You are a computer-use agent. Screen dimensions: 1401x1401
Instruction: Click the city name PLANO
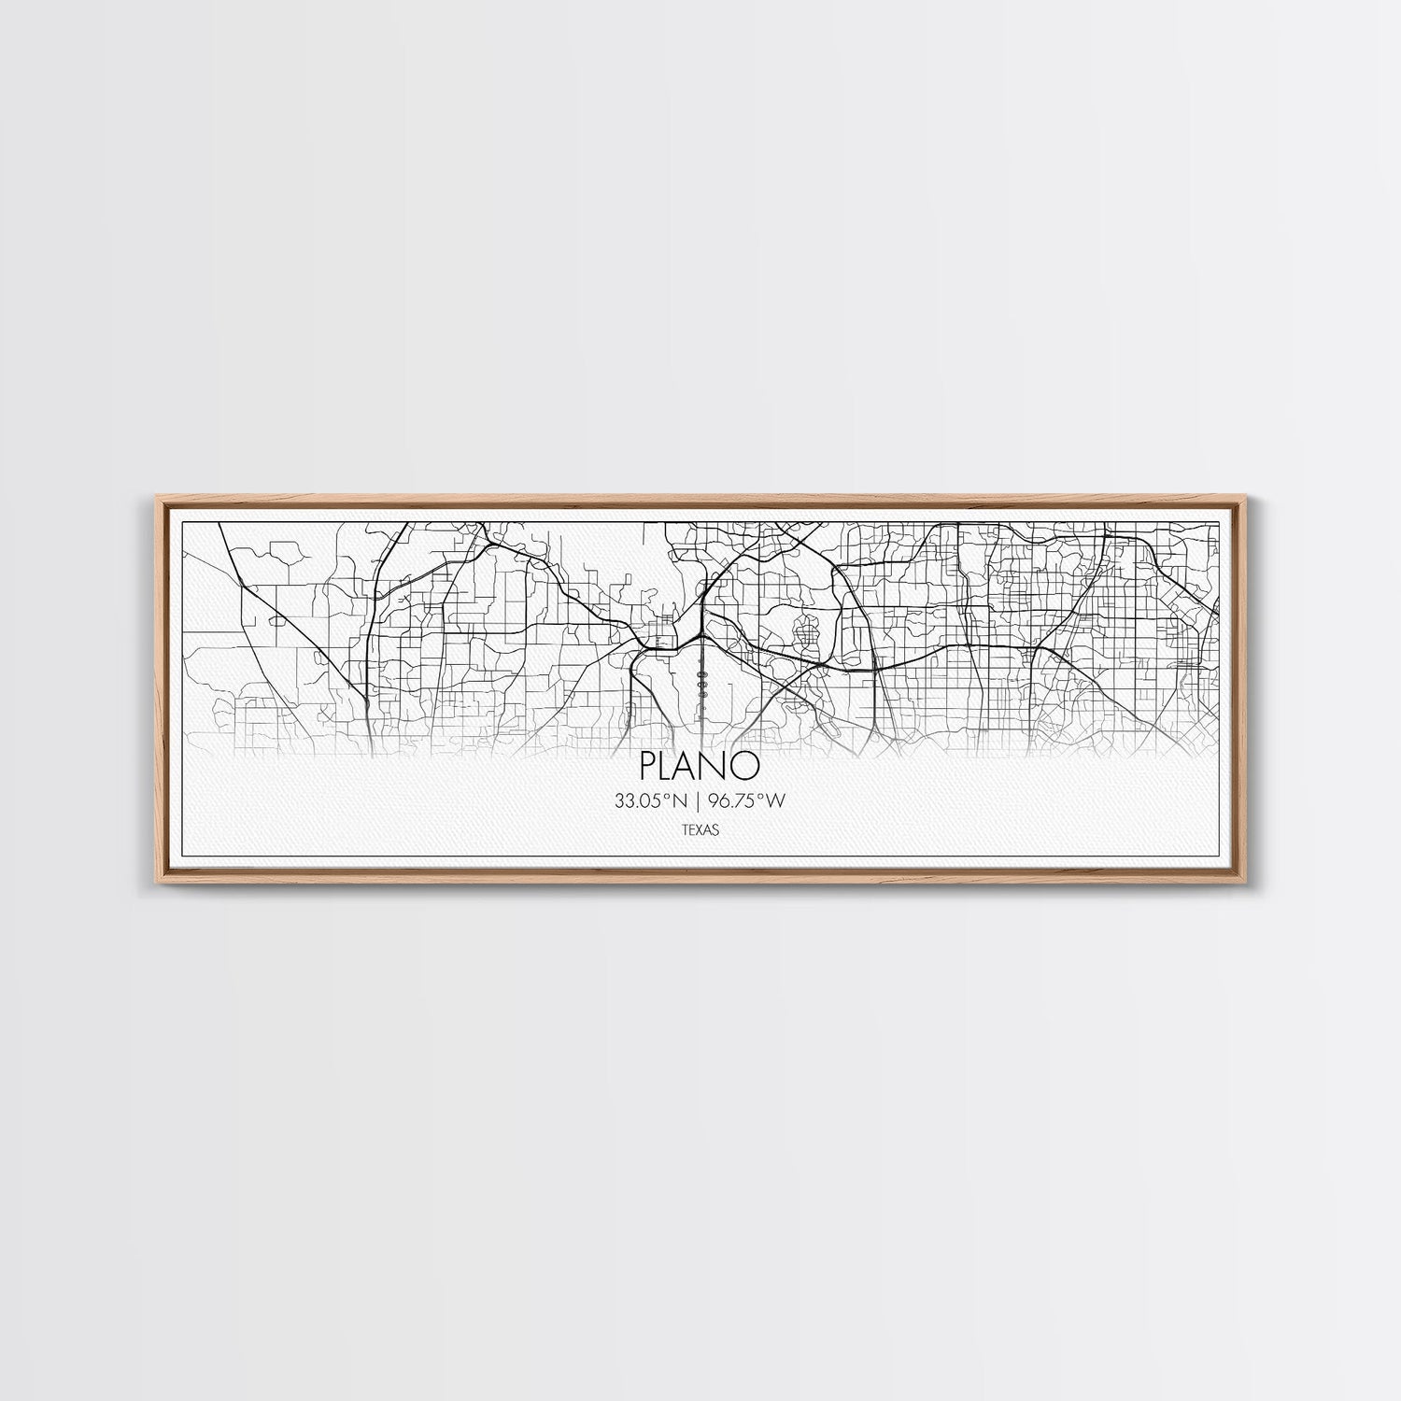point(700,766)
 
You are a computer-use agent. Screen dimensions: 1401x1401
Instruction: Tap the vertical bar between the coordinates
point(700,800)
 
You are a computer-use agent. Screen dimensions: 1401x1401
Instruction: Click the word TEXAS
point(700,828)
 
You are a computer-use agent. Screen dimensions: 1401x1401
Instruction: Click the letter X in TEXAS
point(700,828)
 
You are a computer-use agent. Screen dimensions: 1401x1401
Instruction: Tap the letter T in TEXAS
point(686,828)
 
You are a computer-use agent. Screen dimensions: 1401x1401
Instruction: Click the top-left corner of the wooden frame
point(150,498)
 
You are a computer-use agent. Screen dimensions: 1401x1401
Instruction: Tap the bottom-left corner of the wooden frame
point(150,883)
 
